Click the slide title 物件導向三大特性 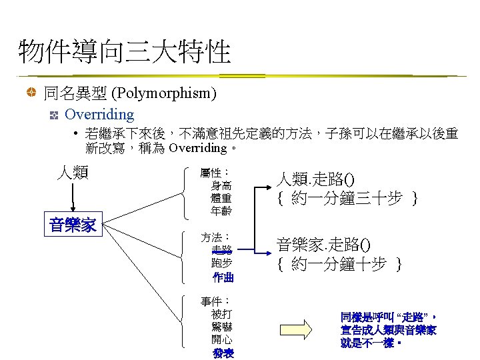pyautogui.click(x=125, y=51)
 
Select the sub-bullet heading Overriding pyautogui.click(x=99, y=115)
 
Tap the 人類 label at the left pyautogui.click(x=73, y=173)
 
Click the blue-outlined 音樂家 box pyautogui.click(x=73, y=225)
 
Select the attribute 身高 pyautogui.click(x=221, y=186)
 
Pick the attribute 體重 pyautogui.click(x=221, y=199)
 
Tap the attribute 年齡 pyautogui.click(x=221, y=211)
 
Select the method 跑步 pyautogui.click(x=221, y=263)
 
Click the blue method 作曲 pyautogui.click(x=223, y=276)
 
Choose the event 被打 pyautogui.click(x=221, y=313)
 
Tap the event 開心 pyautogui.click(x=221, y=339)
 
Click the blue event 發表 pyautogui.click(x=223, y=353)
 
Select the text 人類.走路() pyautogui.click(x=316, y=179)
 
